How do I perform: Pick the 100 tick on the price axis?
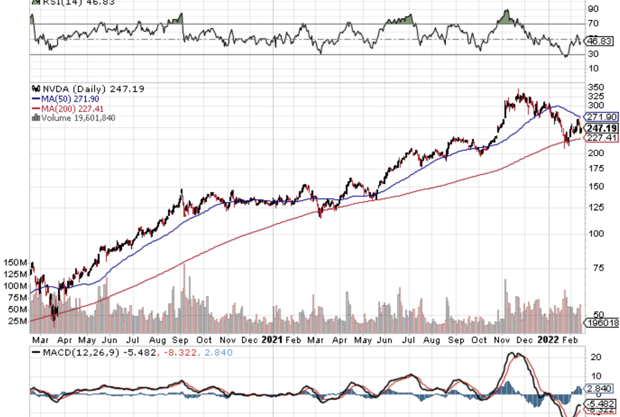click(597, 234)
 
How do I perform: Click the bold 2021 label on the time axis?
click(272, 340)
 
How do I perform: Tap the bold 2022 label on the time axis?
click(548, 340)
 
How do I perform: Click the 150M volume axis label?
click(14, 263)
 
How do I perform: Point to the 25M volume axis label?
click(17, 321)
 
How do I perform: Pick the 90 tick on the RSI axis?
click(594, 9)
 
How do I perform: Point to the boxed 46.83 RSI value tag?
click(599, 41)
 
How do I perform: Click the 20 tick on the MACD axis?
click(595, 357)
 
